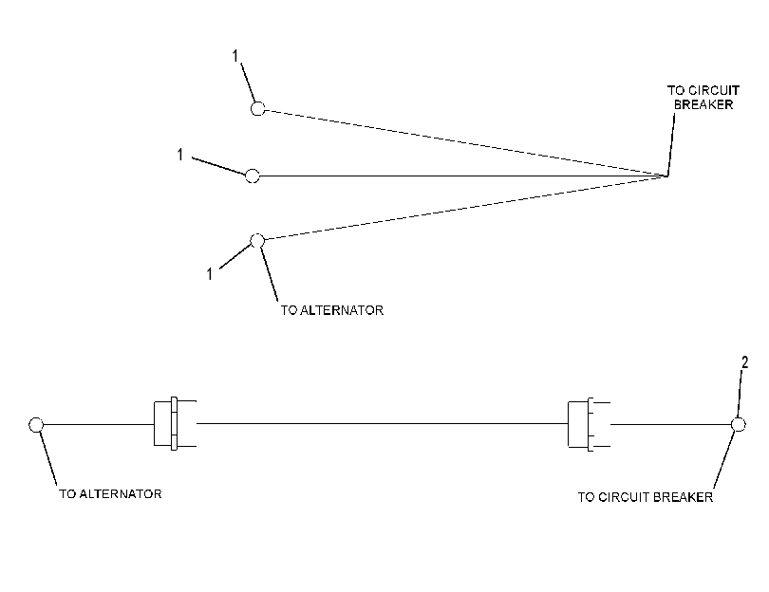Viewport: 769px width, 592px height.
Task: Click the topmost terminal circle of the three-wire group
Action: pyautogui.click(x=258, y=108)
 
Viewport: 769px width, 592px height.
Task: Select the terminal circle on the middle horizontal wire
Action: pyautogui.click(x=253, y=176)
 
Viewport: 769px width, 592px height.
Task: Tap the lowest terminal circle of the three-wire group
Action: pyautogui.click(x=257, y=241)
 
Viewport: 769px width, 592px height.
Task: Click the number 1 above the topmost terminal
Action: pyautogui.click(x=234, y=56)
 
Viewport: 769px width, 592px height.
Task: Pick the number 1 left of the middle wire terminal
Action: pyautogui.click(x=180, y=155)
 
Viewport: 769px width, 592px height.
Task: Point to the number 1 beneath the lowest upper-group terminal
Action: pyautogui.click(x=210, y=274)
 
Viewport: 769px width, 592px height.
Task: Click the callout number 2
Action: pyautogui.click(x=744, y=362)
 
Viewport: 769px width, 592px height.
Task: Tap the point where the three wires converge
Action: pyautogui.click(x=667, y=176)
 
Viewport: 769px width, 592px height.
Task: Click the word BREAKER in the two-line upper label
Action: pyautogui.click(x=703, y=104)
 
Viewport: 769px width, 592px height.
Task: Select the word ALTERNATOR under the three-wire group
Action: pyautogui.click(x=342, y=310)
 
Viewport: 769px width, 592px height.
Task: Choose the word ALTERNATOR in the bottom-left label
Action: pyautogui.click(x=121, y=493)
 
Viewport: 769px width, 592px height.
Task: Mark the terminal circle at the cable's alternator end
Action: pyautogui.click(x=36, y=425)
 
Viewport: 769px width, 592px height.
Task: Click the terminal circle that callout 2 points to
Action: pyautogui.click(x=738, y=424)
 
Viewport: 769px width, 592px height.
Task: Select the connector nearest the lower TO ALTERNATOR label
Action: pyautogui.click(x=175, y=423)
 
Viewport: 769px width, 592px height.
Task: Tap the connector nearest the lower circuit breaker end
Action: pyautogui.click(x=589, y=424)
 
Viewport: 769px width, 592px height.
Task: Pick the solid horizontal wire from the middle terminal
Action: pyautogui.click(x=463, y=176)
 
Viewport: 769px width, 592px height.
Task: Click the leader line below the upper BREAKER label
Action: pyautogui.click(x=671, y=144)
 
